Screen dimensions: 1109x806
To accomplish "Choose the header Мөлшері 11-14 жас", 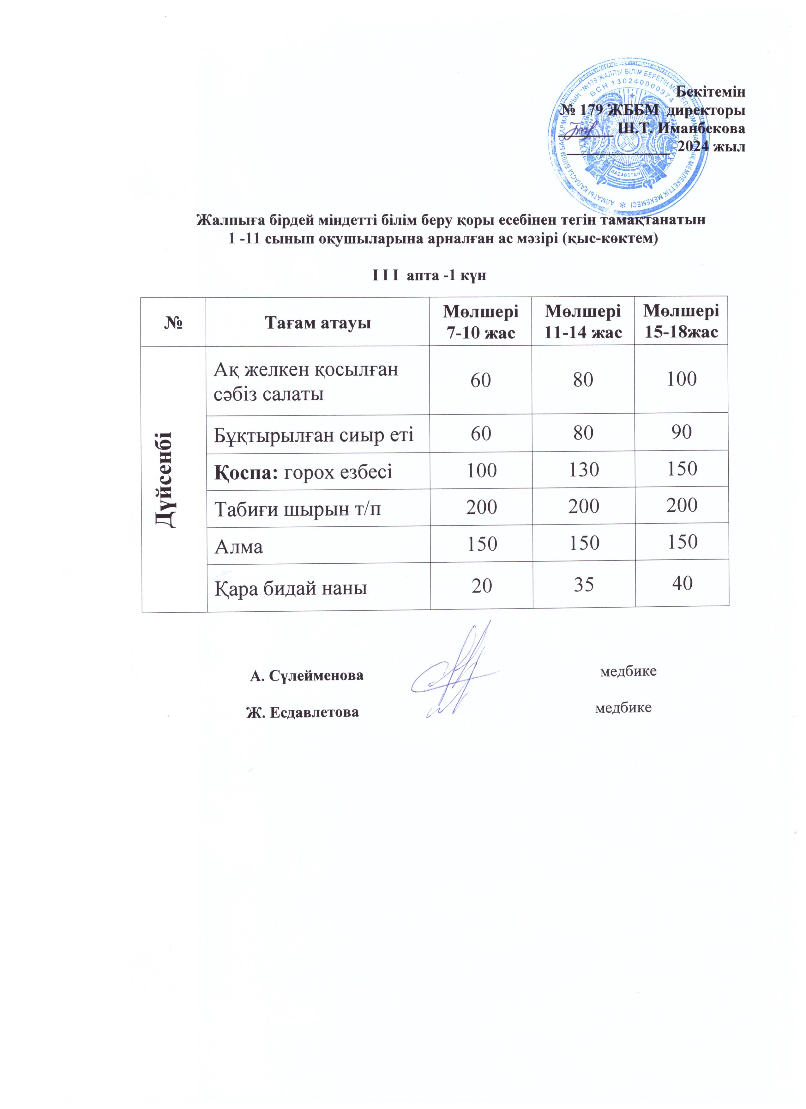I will [x=583, y=322].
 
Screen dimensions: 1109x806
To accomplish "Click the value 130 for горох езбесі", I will [x=584, y=470].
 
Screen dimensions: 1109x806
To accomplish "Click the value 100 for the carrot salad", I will [x=682, y=379].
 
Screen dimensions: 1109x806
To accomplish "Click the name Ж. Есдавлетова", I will [x=302, y=712].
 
